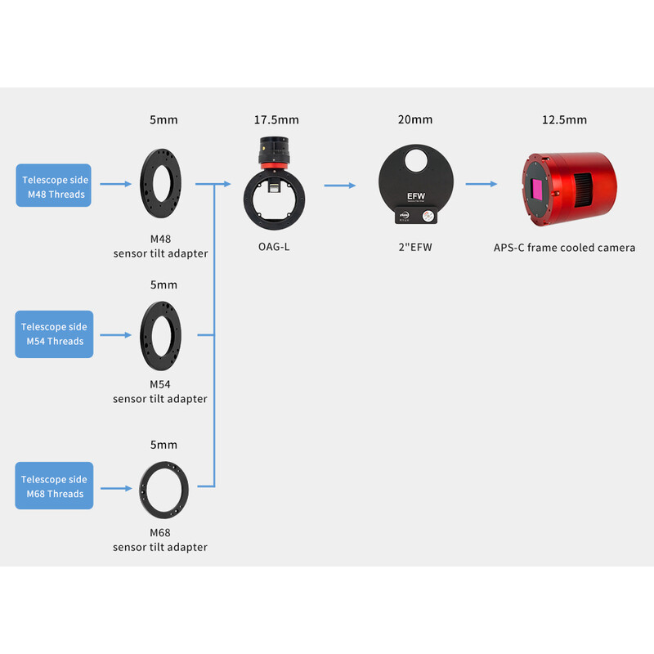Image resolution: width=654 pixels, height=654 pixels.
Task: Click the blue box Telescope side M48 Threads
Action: coord(54,186)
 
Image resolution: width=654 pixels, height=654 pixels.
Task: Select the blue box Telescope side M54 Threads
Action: coord(54,334)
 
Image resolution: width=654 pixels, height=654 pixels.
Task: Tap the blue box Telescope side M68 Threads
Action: coord(54,486)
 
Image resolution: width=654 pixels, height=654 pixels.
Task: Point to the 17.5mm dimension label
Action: coord(276,120)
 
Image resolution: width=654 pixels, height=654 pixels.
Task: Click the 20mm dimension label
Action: coord(415,120)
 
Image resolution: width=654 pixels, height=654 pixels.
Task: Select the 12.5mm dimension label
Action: coord(564,120)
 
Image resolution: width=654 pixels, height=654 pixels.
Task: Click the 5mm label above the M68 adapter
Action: coord(163,445)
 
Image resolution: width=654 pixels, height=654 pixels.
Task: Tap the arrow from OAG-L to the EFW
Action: coord(339,186)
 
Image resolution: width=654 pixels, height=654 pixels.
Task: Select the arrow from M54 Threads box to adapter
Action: coord(115,334)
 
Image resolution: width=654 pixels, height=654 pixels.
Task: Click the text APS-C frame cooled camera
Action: coord(564,248)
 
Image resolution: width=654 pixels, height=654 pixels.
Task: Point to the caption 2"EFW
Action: coord(415,247)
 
